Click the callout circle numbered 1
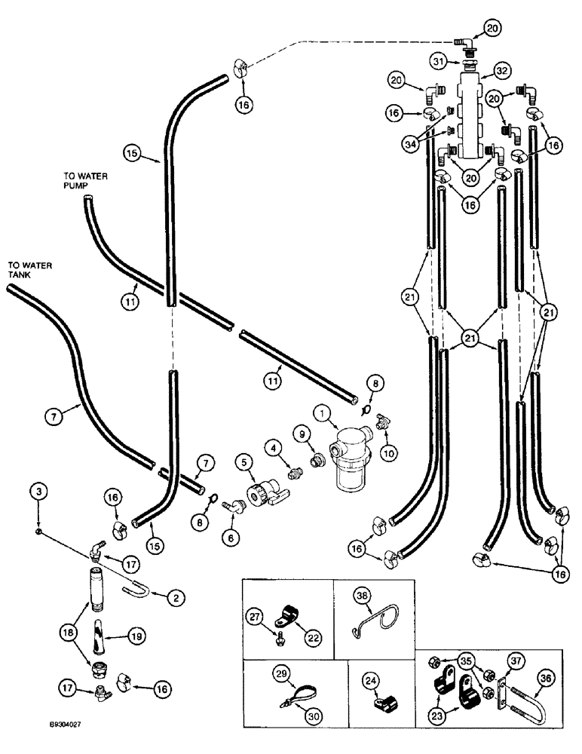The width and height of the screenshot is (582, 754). pos(323,413)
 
